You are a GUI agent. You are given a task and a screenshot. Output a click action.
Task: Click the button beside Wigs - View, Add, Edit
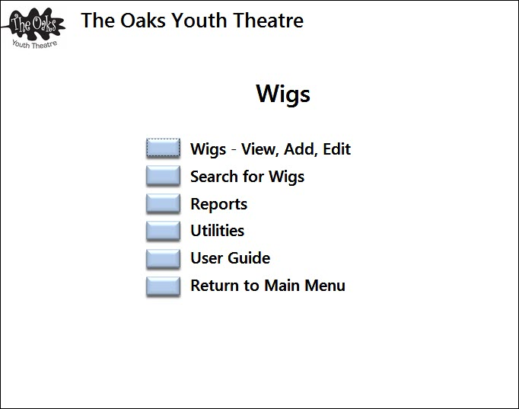163,148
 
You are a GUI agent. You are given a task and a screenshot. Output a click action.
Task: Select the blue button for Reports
163,203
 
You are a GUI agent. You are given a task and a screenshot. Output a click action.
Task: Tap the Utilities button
163,231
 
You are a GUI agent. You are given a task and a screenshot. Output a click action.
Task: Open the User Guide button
163,258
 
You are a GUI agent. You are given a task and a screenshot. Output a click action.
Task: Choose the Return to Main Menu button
163,286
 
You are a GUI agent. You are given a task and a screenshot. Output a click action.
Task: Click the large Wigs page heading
283,94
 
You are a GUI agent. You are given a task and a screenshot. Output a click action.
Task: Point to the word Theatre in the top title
268,21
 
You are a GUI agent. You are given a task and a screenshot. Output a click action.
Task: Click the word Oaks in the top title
142,21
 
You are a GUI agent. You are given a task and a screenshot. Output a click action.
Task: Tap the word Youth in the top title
199,21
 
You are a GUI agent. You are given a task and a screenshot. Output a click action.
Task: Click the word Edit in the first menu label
336,149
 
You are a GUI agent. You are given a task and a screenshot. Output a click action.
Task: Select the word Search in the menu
215,176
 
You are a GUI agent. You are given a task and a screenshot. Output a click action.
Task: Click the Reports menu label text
219,204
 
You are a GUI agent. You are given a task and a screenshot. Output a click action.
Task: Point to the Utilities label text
218,231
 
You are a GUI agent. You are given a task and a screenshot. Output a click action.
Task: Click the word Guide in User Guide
249,257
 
